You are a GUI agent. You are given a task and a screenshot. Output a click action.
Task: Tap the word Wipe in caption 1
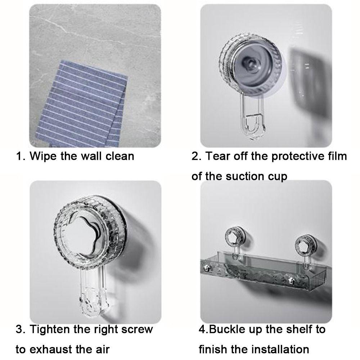click(43, 157)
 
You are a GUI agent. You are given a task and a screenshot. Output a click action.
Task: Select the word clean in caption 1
click(120, 156)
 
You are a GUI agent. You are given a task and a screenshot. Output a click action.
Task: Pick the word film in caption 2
click(336, 156)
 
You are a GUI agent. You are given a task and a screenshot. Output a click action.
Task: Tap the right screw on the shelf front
click(291, 280)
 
